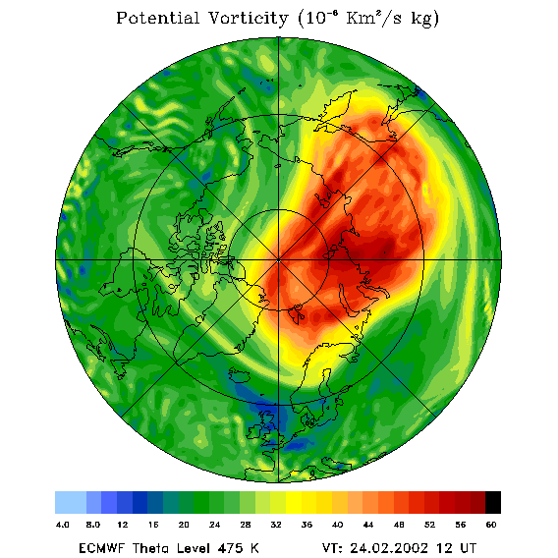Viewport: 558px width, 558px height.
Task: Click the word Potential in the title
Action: [157, 18]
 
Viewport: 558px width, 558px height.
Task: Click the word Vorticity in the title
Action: [248, 18]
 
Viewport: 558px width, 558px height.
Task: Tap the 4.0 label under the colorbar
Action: [63, 525]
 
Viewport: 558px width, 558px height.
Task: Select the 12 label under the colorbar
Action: [123, 525]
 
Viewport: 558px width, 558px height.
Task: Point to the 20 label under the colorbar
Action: [184, 525]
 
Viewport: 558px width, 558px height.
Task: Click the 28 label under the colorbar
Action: [246, 525]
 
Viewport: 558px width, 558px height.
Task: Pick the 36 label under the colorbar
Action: [307, 525]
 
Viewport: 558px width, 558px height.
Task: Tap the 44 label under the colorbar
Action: [368, 525]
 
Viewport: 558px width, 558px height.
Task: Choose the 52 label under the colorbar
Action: [429, 525]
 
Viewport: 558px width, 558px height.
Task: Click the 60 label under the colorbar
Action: [491, 525]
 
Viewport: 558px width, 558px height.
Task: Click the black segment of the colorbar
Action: [493, 502]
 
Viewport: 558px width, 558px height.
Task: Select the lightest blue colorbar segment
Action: [71, 502]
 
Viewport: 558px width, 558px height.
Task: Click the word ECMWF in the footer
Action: [101, 548]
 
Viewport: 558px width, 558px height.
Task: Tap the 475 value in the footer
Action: [230, 548]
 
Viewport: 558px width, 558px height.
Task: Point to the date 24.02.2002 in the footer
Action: [389, 548]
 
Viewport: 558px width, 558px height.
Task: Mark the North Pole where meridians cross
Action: [279, 260]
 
